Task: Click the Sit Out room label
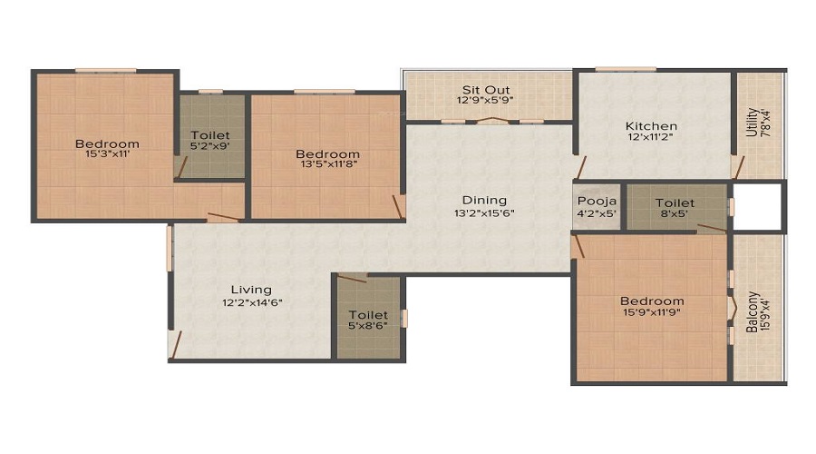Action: (486, 90)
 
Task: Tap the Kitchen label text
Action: (651, 126)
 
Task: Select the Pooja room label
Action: (597, 202)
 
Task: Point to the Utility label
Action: (752, 123)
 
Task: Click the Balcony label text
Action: (752, 311)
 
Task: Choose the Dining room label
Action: (484, 201)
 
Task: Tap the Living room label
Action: (251, 290)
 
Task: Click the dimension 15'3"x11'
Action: (107, 153)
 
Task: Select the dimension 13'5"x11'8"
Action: (328, 164)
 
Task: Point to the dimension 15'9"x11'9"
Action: (652, 311)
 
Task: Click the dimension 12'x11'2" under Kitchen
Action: (651, 137)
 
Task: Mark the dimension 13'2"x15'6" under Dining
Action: (484, 212)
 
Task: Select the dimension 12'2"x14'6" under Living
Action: (252, 301)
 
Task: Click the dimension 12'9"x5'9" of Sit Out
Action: (486, 101)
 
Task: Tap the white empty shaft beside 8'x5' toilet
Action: (758, 205)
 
